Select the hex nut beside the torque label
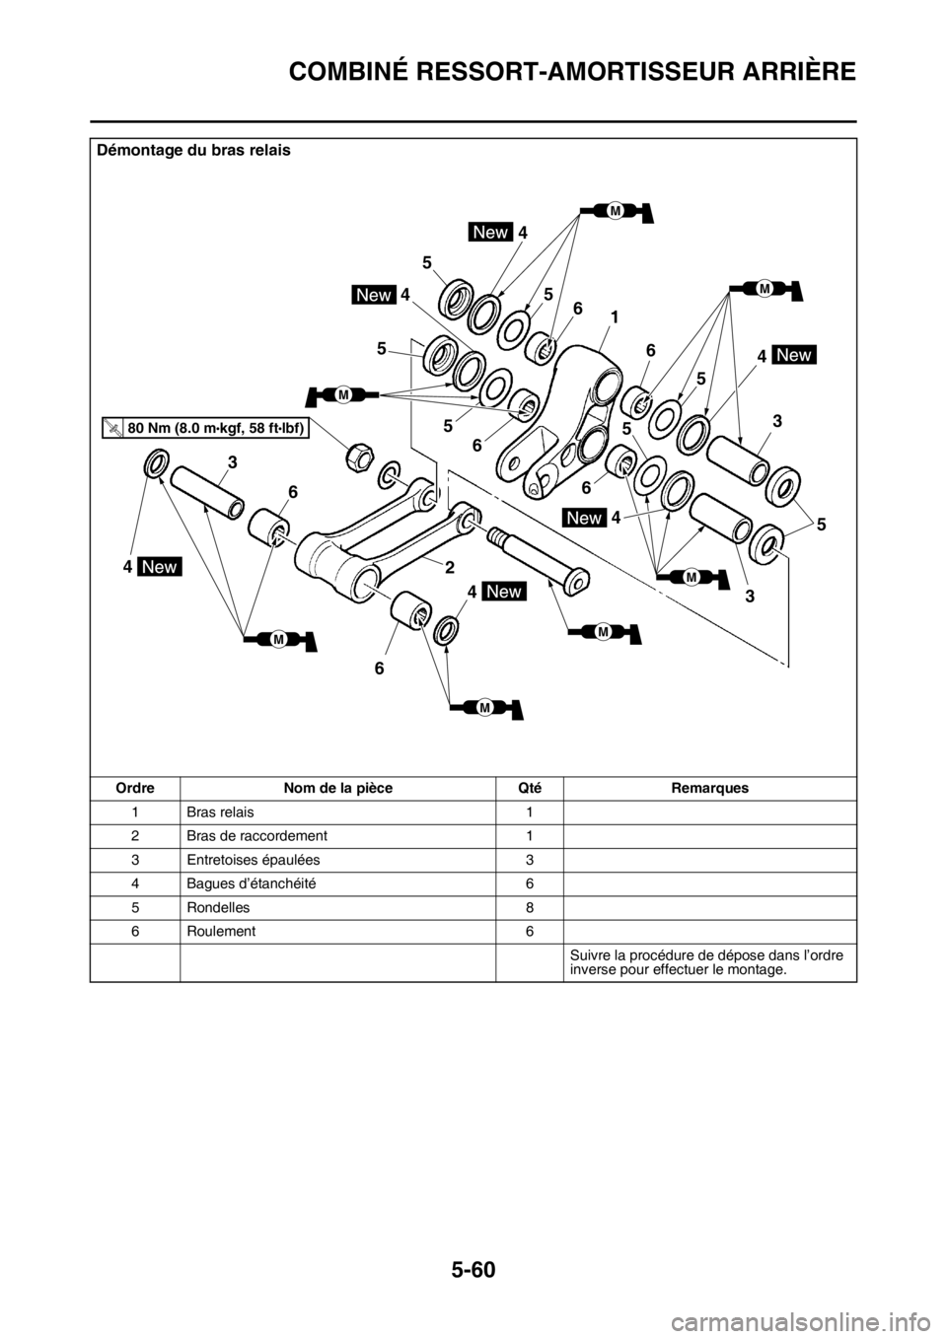point(357,456)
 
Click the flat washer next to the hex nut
point(391,477)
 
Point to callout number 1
point(614,318)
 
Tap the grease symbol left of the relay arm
point(342,394)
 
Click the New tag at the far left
point(160,567)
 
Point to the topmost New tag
point(490,232)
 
